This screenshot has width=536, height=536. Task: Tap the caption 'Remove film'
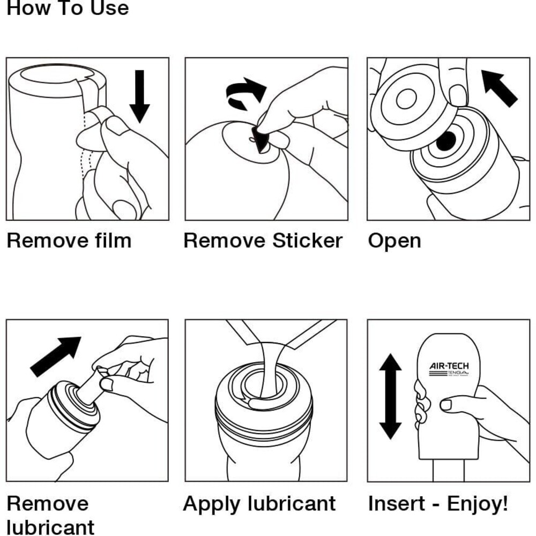[69, 241]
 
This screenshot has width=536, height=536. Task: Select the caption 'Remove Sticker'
[263, 241]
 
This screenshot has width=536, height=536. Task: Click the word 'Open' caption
[394, 241]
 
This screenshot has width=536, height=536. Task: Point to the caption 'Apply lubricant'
[259, 504]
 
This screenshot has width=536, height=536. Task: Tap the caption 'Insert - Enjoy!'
[437, 504]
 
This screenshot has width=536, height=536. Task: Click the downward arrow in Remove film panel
[140, 96]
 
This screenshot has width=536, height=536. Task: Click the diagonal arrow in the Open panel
[499, 88]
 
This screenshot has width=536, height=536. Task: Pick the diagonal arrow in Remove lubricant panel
[56, 356]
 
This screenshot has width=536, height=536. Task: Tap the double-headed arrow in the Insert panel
[390, 397]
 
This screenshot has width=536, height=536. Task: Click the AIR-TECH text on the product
[449, 367]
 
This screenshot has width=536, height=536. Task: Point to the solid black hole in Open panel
[446, 141]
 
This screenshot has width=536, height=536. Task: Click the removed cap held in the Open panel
[410, 105]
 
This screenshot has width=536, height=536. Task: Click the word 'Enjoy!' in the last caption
[477, 504]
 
